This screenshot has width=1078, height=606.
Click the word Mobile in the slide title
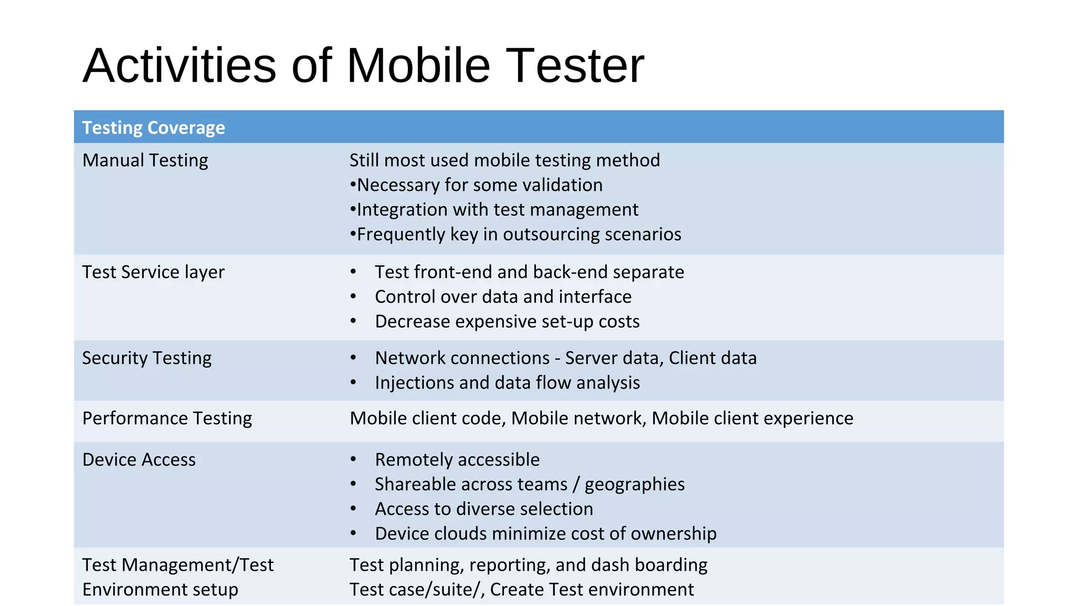[418, 66]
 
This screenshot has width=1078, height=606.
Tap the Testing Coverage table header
[153, 128]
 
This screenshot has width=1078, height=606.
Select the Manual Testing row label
[145, 160]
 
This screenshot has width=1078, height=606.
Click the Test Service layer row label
[153, 272]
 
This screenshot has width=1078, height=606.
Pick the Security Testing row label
[146, 358]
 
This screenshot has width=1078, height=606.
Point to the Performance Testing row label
[167, 418]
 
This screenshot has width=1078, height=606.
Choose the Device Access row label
[138, 460]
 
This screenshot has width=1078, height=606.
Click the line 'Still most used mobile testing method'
[504, 160]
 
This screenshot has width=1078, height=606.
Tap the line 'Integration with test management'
[497, 210]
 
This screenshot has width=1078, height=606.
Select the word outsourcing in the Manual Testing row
[551, 235]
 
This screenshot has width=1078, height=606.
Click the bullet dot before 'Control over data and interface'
[353, 297]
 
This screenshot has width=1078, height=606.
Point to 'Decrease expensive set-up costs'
[507, 321]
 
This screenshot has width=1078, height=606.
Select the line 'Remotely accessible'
[457, 460]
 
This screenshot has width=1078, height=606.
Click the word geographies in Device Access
[634, 484]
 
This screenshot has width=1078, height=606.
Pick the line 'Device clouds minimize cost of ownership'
[545, 534]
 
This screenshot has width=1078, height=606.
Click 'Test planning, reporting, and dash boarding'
[528, 565]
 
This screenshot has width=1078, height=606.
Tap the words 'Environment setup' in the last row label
[160, 590]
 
